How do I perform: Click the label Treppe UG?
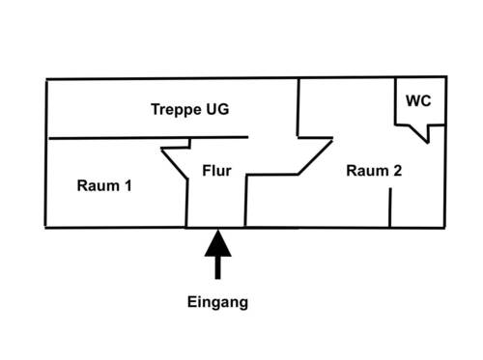[x=189, y=109]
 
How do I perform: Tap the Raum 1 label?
[x=103, y=185]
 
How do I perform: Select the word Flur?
[x=216, y=171]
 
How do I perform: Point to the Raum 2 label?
[x=374, y=171]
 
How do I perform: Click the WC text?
[x=418, y=100]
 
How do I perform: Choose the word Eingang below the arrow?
[x=217, y=302]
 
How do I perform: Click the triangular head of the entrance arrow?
[x=217, y=242]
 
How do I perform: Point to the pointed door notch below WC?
[x=423, y=136]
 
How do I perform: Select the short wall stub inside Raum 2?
[x=389, y=208]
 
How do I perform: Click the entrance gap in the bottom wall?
[x=216, y=228]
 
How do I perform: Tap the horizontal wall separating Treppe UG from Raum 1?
[x=145, y=137]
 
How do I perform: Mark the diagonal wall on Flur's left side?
[x=178, y=163]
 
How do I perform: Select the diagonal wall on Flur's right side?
[x=314, y=156]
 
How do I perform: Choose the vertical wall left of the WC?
[x=396, y=100]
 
